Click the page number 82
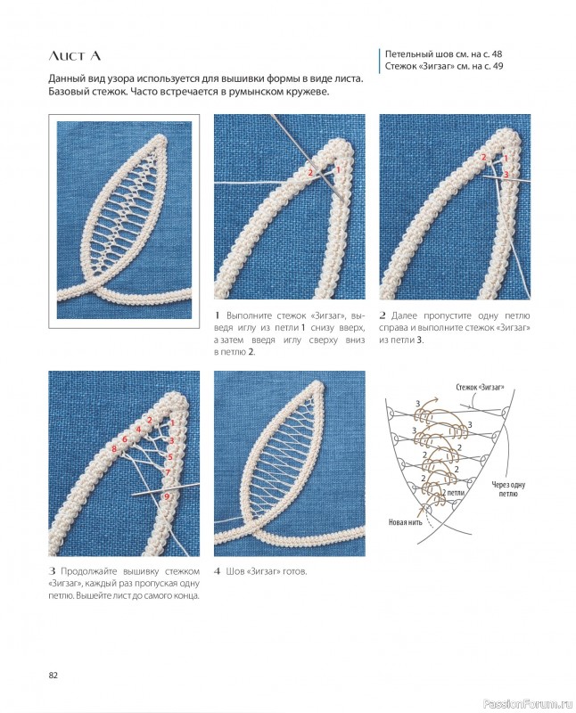point(53,676)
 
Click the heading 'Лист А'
point(75,56)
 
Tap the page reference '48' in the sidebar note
point(497,54)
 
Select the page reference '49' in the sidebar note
point(498,66)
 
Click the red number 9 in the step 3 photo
point(167,496)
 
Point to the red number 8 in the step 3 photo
point(114,450)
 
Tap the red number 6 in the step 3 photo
point(124,439)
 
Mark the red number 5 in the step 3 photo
point(170,457)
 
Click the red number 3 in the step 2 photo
point(506,174)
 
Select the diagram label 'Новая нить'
point(405,522)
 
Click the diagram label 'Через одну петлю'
point(507,488)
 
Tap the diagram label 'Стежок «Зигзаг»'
point(480,388)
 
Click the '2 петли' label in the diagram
point(453,493)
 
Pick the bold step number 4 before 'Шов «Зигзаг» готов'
point(217,571)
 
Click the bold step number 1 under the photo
point(217,316)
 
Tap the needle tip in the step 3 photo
point(132,496)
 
